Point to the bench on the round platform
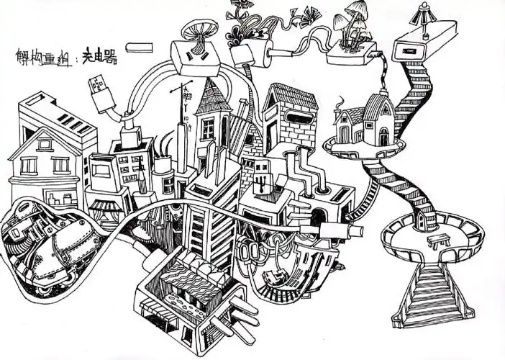tap(437, 240)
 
